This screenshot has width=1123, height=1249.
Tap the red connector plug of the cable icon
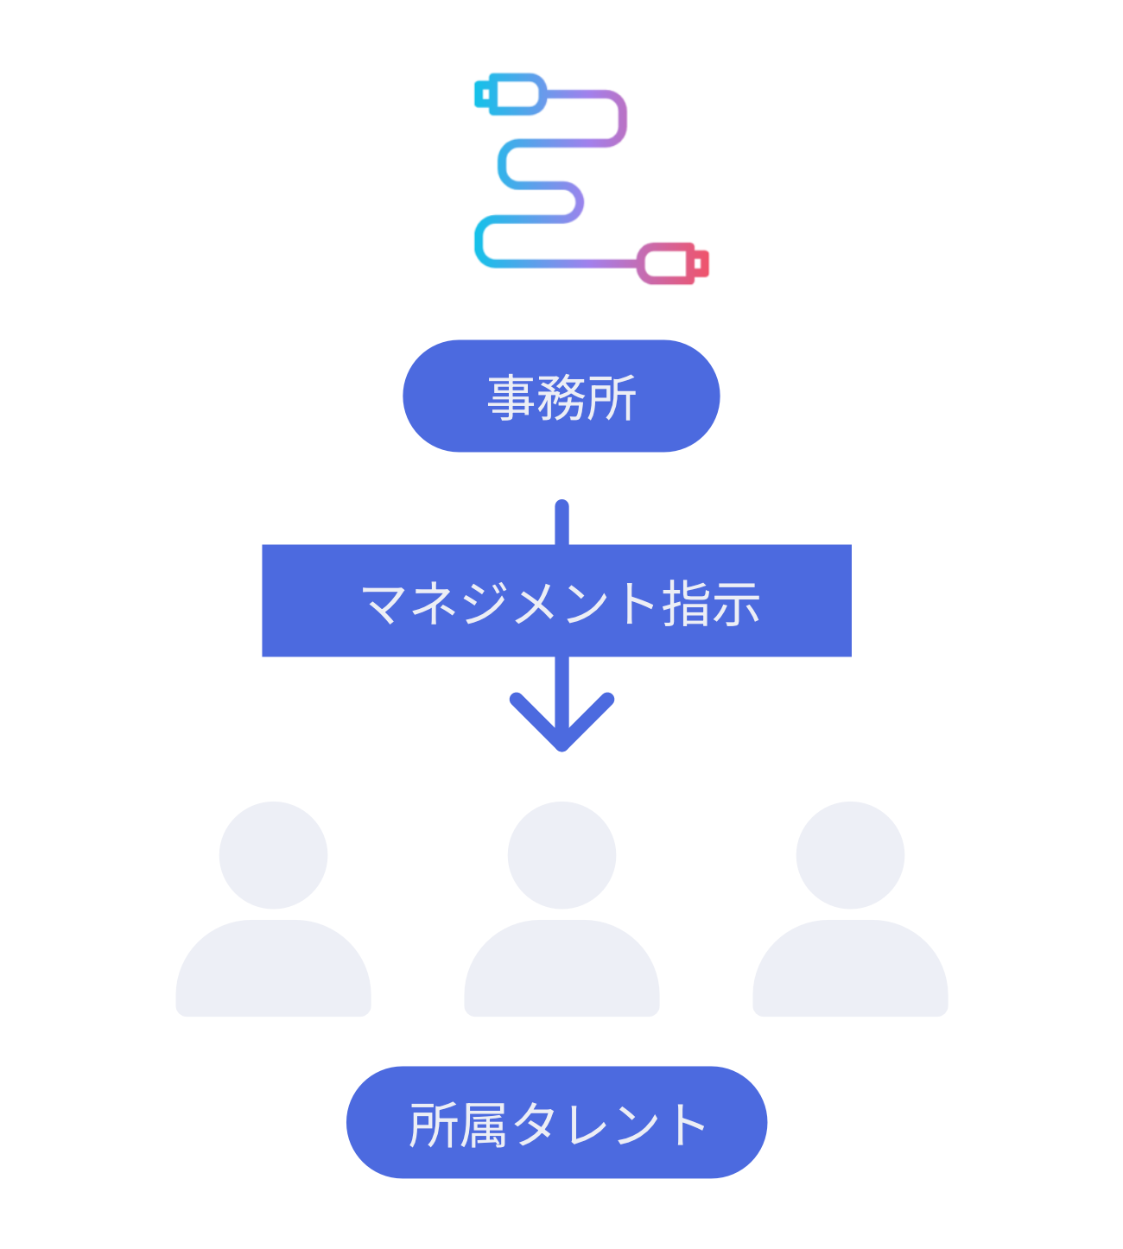pos(673,263)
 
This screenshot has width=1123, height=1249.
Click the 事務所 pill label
pos(561,396)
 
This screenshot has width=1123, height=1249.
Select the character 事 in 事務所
pos(511,398)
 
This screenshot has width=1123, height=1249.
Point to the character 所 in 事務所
pos(612,398)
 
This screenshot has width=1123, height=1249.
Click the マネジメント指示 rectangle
pos(556,600)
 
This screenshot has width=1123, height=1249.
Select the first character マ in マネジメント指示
pos(384,603)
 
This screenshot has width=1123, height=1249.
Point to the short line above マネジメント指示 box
pos(561,522)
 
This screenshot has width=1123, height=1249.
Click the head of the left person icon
pos(273,854)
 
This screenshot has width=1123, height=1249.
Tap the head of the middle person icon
pos(561,854)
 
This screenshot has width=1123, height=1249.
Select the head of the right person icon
pos(850,854)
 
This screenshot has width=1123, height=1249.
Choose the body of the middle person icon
pos(561,972)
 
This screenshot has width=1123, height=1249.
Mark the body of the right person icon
pos(850,972)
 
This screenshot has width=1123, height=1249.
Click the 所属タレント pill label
pos(556,1122)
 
